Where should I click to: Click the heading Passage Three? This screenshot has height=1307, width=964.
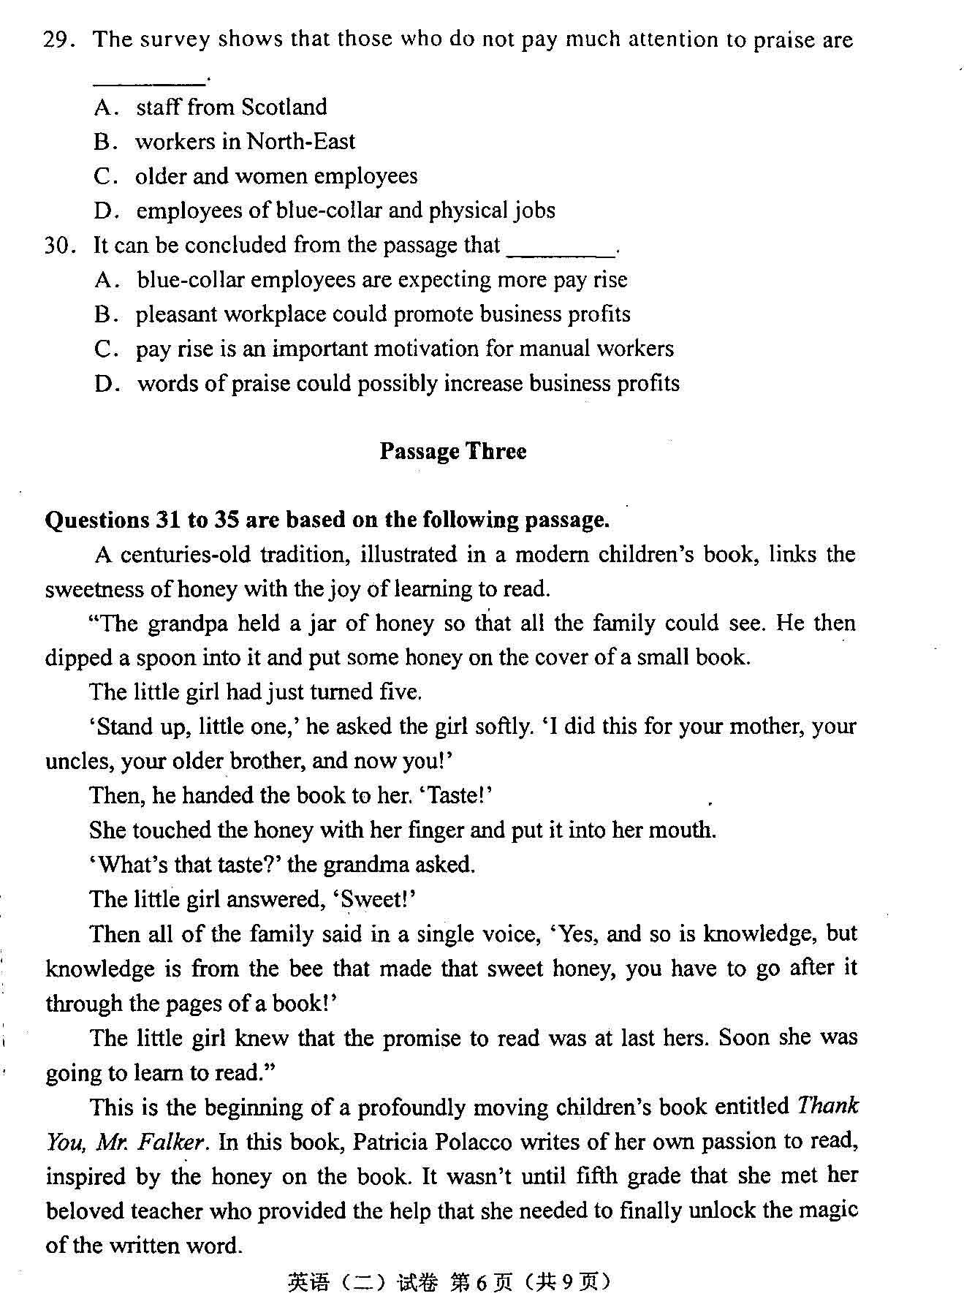click(x=452, y=451)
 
